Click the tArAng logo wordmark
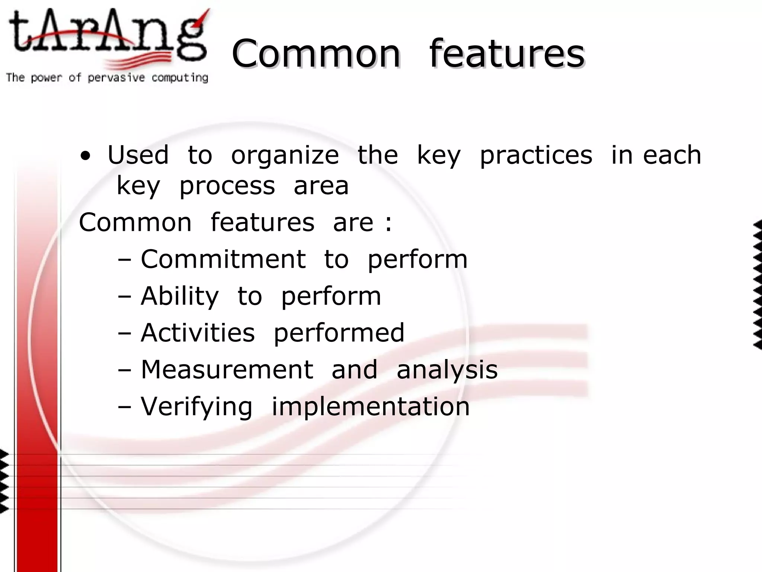pyautogui.click(x=108, y=37)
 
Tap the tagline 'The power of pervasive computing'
pyautogui.click(x=107, y=78)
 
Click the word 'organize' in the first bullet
pyautogui.click(x=285, y=156)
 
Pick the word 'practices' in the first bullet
pyautogui.click(x=536, y=156)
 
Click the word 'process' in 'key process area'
pyautogui.click(x=227, y=186)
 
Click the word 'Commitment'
pyautogui.click(x=223, y=259)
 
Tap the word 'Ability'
pyautogui.click(x=180, y=297)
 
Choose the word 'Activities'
pyautogui.click(x=198, y=333)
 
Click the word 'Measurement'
pyautogui.click(x=227, y=369)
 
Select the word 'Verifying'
pyautogui.click(x=197, y=407)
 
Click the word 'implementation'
pyautogui.click(x=371, y=407)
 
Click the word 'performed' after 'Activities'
pyautogui.click(x=339, y=333)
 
